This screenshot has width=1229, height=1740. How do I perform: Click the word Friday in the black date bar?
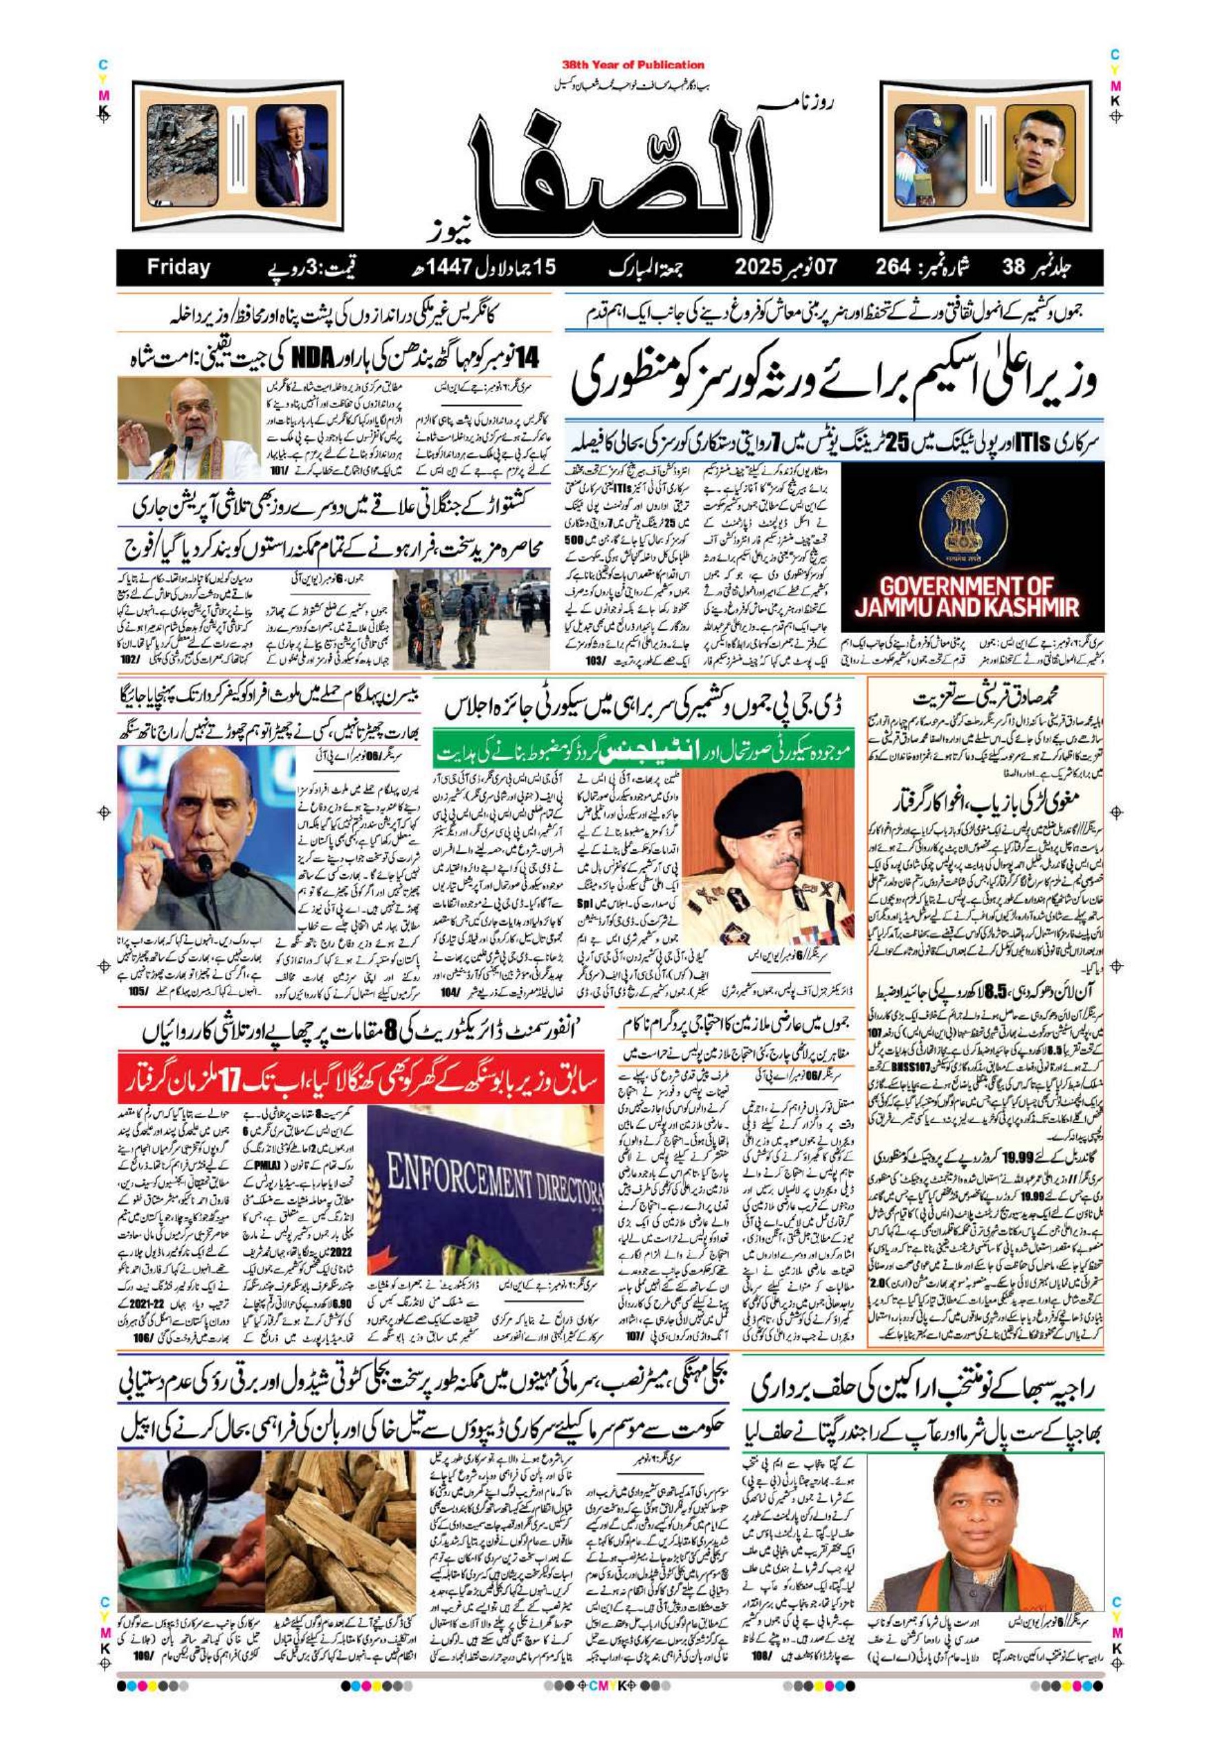pos(178,267)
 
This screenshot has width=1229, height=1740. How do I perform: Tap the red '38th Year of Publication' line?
pos(633,65)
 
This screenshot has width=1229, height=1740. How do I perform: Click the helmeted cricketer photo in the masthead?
pos(929,156)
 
